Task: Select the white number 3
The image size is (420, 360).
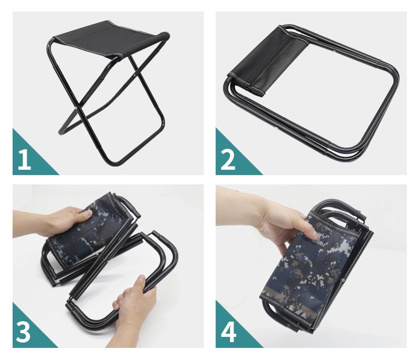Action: (23, 332)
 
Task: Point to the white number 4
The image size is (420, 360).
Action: (228, 332)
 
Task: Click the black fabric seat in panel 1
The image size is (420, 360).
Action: (111, 39)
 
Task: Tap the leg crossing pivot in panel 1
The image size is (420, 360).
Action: (76, 108)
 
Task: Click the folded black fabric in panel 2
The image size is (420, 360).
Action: (268, 60)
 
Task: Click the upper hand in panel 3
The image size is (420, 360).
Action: (64, 222)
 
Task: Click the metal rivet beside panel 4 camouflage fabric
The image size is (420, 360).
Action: (343, 281)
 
